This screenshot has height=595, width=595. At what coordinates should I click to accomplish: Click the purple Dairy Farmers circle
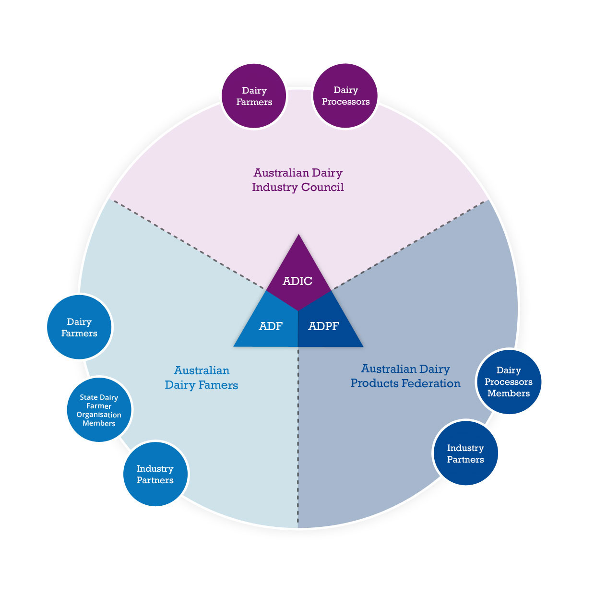pos(254,96)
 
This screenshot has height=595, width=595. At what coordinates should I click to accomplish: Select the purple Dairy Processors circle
pos(345,96)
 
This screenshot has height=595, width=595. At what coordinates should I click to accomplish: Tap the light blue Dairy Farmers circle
pos(79,327)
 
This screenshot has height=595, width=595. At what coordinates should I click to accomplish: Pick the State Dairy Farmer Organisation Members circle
pos(99,410)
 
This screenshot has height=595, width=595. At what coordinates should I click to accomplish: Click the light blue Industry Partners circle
pos(155,474)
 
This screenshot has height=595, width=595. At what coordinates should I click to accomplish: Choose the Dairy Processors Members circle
pos(509,381)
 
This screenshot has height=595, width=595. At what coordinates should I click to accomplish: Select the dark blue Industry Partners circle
pos(465,453)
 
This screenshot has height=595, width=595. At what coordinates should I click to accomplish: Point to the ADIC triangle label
pos(297,281)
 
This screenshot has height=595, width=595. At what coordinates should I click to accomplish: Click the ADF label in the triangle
pos(271,326)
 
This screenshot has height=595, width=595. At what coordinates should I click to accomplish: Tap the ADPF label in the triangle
pos(324,326)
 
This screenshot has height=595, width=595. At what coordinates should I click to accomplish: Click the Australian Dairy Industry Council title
pos(298,180)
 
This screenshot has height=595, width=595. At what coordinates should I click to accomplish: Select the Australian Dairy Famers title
pos(202,378)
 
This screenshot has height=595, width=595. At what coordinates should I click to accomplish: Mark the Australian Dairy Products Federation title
pos(405,376)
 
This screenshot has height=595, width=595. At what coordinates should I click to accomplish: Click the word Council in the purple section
pos(322,187)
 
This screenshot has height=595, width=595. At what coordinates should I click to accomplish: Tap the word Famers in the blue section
pos(220,385)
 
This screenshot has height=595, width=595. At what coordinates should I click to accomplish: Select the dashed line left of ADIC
pos(187,245)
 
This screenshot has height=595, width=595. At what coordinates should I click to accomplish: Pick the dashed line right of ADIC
pos(408,245)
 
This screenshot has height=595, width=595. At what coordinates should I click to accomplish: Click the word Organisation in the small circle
pos(99,415)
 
